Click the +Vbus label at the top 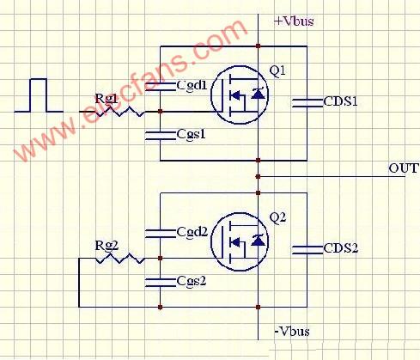(x=294, y=21)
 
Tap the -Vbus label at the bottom (x=292, y=332)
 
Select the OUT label (x=404, y=168)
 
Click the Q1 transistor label (x=277, y=70)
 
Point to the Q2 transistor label (x=277, y=218)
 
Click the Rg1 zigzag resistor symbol (x=119, y=112)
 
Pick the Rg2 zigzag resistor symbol (x=119, y=259)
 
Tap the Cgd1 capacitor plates (x=161, y=87)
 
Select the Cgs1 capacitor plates (x=161, y=136)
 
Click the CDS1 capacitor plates (x=307, y=103)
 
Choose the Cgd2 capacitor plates (x=161, y=234)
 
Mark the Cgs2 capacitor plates (x=161, y=282)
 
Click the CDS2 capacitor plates (x=307, y=250)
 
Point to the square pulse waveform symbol (x=39, y=95)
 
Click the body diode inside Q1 (x=258, y=94)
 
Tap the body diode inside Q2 (x=258, y=240)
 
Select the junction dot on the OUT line (x=258, y=177)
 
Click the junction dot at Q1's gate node (x=161, y=112)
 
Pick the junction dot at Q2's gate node (x=161, y=259)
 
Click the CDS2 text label (x=341, y=248)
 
